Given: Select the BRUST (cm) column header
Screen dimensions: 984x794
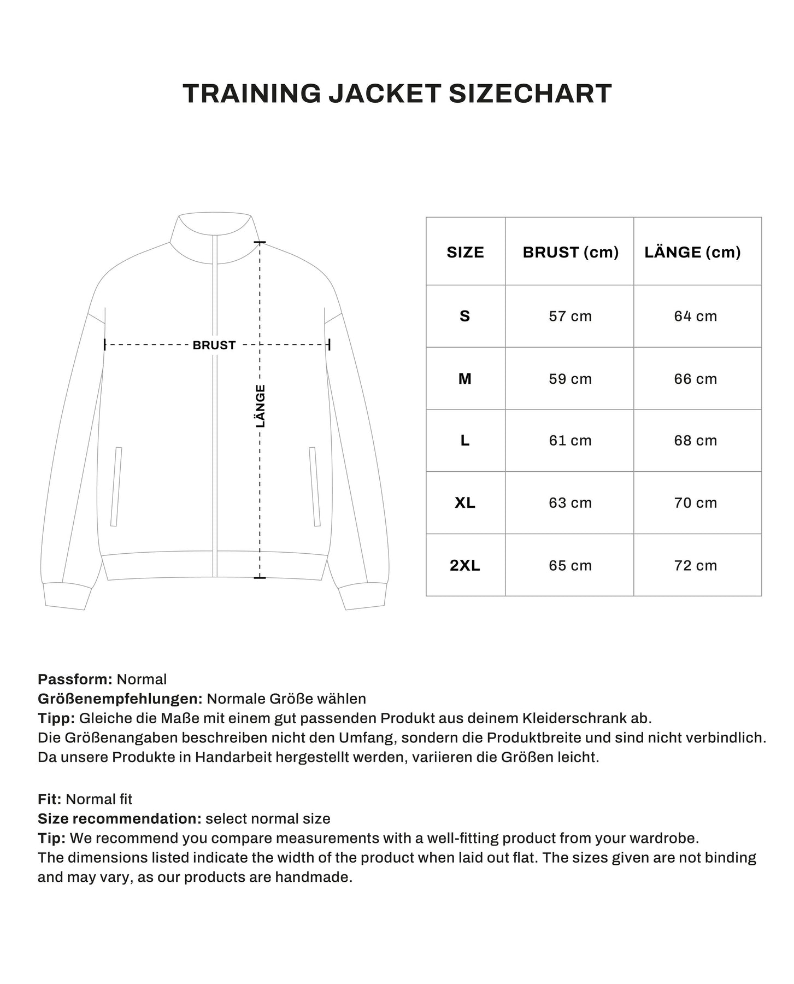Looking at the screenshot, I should (x=570, y=252).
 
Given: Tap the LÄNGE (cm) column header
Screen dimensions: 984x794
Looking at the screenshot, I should (x=692, y=252).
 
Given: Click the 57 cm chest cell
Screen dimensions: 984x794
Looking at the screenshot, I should (x=570, y=316).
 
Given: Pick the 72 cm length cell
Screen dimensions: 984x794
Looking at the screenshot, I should (x=695, y=565).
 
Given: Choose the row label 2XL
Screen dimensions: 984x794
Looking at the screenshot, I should (x=464, y=565).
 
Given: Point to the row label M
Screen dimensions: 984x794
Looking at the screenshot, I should (x=464, y=378).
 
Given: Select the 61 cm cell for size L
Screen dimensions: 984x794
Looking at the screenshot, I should (x=570, y=441).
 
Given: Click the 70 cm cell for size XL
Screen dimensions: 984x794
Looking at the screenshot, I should (x=695, y=503).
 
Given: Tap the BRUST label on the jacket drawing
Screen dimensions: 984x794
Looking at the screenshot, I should (x=214, y=345).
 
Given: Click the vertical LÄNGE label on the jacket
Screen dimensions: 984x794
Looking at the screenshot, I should (x=261, y=406).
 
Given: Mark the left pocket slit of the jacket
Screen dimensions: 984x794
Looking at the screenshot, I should (x=116, y=487).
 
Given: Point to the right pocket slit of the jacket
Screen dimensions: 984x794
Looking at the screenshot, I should (x=315, y=487).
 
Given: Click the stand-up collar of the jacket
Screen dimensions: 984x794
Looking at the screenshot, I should (x=215, y=232).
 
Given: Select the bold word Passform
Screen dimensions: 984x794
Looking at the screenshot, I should (x=75, y=680).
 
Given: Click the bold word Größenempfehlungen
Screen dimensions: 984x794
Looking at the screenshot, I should (x=120, y=699).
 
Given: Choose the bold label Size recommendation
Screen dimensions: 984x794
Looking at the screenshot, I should (x=119, y=819).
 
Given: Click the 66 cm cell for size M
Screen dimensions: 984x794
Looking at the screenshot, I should (x=695, y=378).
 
